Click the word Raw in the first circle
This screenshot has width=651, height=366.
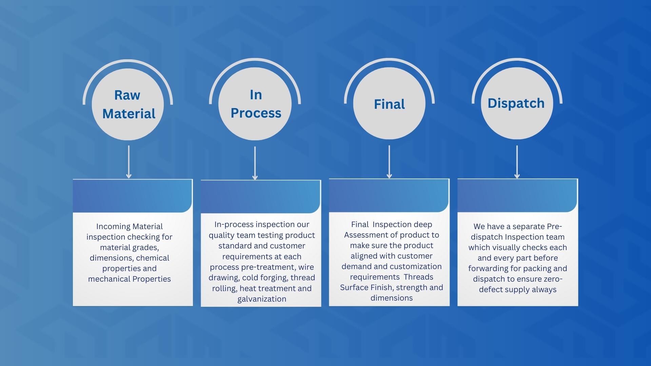click(127, 95)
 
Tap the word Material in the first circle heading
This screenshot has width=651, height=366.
click(129, 114)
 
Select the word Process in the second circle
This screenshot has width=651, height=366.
click(256, 113)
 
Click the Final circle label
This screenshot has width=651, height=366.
click(389, 104)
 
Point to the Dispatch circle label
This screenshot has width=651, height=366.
click(516, 103)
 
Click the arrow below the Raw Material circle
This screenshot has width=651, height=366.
click(129, 162)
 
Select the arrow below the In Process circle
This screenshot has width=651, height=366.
click(255, 163)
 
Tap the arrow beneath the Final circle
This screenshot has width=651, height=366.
click(389, 162)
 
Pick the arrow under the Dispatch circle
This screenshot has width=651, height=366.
click(517, 162)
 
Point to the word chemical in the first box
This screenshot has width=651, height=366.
click(153, 258)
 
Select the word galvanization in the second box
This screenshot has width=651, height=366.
click(262, 299)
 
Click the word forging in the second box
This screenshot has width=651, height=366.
click(273, 278)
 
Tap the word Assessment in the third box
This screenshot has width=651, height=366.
click(364, 235)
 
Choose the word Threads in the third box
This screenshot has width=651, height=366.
click(418, 277)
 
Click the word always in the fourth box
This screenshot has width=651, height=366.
click(544, 289)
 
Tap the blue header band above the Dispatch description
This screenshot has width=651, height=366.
click(517, 196)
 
